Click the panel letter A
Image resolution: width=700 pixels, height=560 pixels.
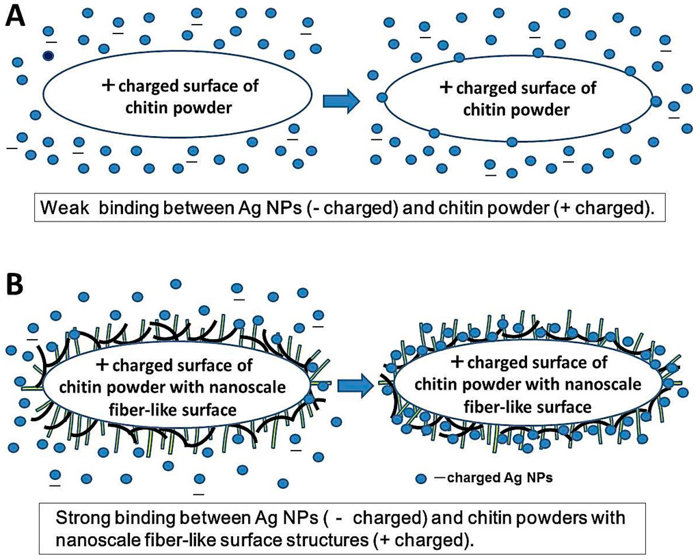[17, 15]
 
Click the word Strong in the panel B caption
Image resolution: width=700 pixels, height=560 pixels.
[80, 518]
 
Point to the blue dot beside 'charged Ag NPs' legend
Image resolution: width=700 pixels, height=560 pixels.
[422, 479]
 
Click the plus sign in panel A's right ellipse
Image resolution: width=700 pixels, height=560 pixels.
[446, 88]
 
